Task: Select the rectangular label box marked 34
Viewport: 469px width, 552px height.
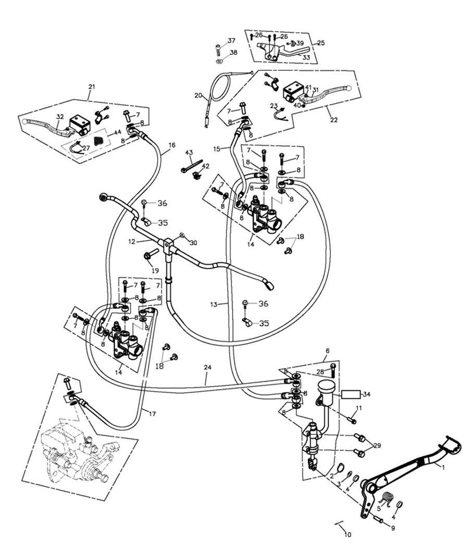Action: (350, 394)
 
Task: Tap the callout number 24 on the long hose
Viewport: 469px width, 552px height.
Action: (207, 368)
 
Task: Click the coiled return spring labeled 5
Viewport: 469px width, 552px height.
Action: (386, 499)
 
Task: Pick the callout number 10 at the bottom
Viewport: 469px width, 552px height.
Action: (348, 534)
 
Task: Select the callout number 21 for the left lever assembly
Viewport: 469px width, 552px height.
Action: (92, 85)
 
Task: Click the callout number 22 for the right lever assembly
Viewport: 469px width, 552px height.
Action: (334, 120)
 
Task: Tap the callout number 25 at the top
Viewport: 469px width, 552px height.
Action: (320, 43)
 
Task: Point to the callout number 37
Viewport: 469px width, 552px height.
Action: (231, 41)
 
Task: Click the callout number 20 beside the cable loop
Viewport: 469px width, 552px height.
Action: (198, 95)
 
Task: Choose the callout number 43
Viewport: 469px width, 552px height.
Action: (189, 153)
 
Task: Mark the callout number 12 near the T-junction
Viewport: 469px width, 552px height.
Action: (131, 242)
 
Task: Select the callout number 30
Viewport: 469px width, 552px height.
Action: (193, 243)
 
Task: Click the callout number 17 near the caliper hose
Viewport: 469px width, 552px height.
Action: (152, 415)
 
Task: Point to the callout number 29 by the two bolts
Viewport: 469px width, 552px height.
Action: (377, 446)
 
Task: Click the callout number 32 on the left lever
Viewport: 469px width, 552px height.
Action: (60, 117)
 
